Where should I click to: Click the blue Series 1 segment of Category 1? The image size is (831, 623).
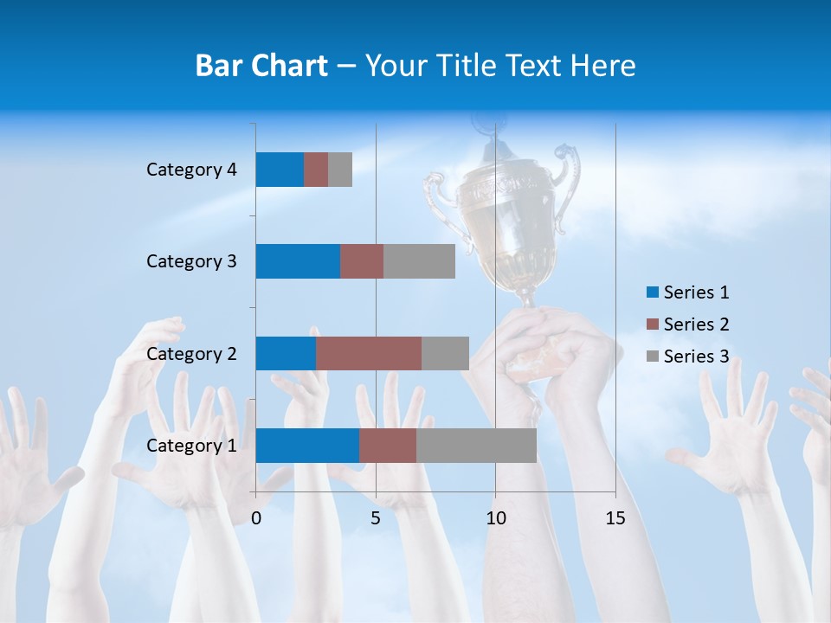pyautogui.click(x=307, y=445)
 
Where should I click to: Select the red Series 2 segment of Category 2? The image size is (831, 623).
pyautogui.click(x=369, y=353)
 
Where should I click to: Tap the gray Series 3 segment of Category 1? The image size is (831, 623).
pyautogui.click(x=476, y=445)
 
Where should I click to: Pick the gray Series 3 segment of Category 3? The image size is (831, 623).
pyautogui.click(x=419, y=261)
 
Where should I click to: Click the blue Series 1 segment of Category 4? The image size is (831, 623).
pyautogui.click(x=280, y=170)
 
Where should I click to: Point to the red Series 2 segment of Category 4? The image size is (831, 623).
pyautogui.click(x=316, y=170)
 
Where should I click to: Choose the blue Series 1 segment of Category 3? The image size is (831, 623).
pyautogui.click(x=298, y=261)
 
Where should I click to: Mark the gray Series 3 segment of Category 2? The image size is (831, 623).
pyautogui.click(x=445, y=353)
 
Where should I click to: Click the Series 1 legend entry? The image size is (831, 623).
pyautogui.click(x=687, y=292)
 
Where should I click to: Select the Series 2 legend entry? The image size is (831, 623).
pyautogui.click(x=687, y=324)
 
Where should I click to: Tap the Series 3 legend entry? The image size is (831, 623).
pyautogui.click(x=687, y=356)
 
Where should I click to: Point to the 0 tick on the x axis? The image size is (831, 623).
pyautogui.click(x=256, y=518)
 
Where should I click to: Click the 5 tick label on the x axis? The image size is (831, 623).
pyautogui.click(x=376, y=518)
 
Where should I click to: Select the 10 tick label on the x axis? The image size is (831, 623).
pyautogui.click(x=495, y=518)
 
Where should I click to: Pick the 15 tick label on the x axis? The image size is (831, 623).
pyautogui.click(x=615, y=518)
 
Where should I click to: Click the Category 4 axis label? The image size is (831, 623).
pyautogui.click(x=191, y=170)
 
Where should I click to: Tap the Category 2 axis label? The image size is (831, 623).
pyautogui.click(x=191, y=353)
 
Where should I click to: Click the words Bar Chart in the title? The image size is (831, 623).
pyautogui.click(x=261, y=66)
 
